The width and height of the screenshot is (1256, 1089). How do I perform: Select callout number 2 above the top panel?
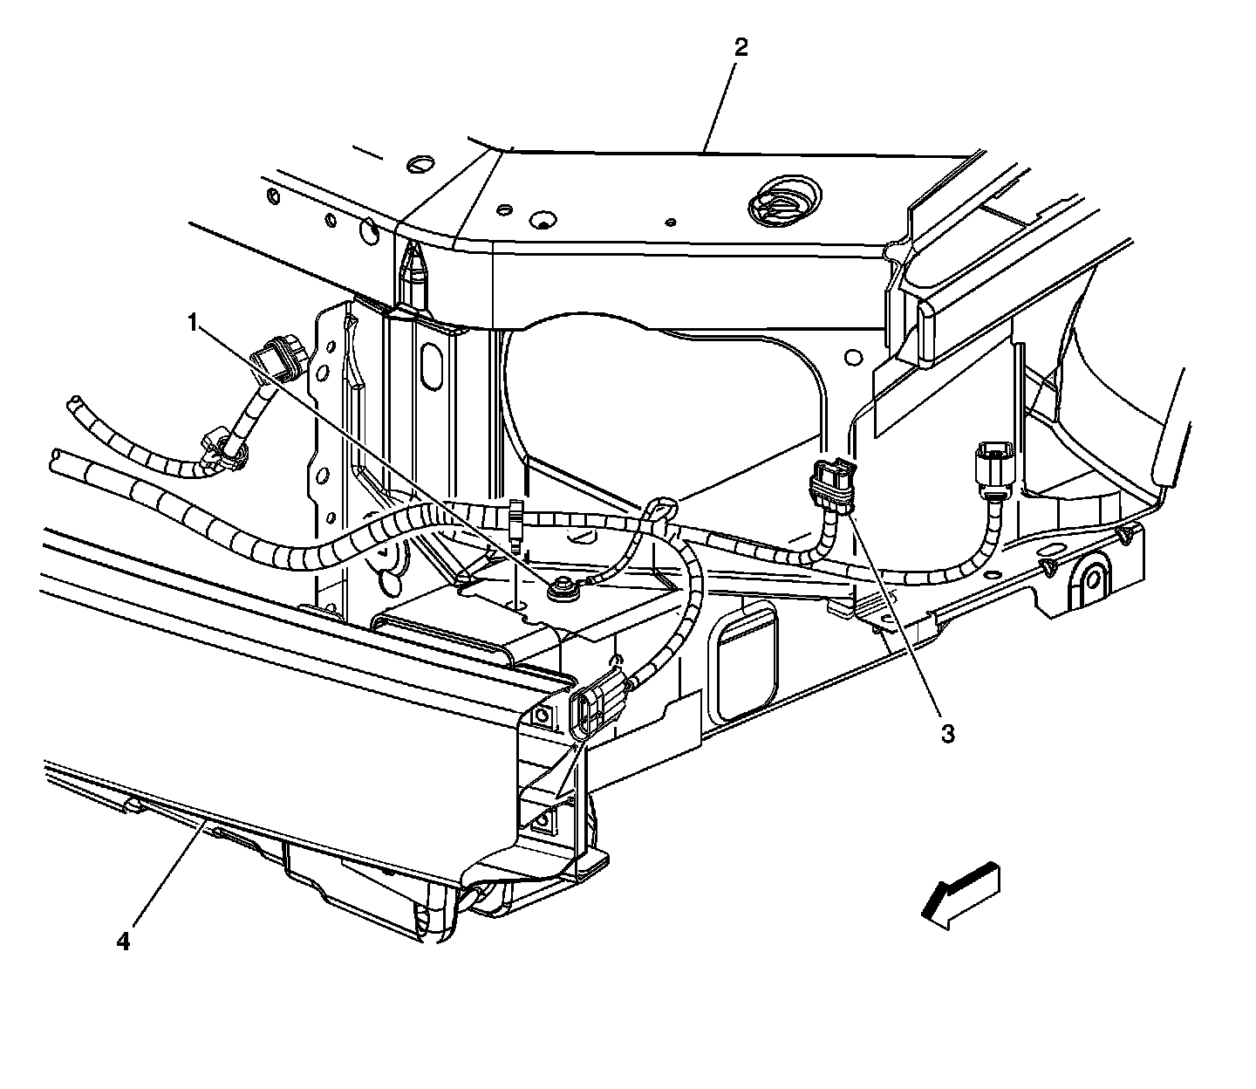(x=741, y=48)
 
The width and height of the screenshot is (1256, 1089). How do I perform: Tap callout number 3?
(x=946, y=733)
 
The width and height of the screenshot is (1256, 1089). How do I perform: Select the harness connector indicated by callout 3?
(x=833, y=484)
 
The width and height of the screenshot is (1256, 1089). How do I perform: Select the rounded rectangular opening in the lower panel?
(x=746, y=659)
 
